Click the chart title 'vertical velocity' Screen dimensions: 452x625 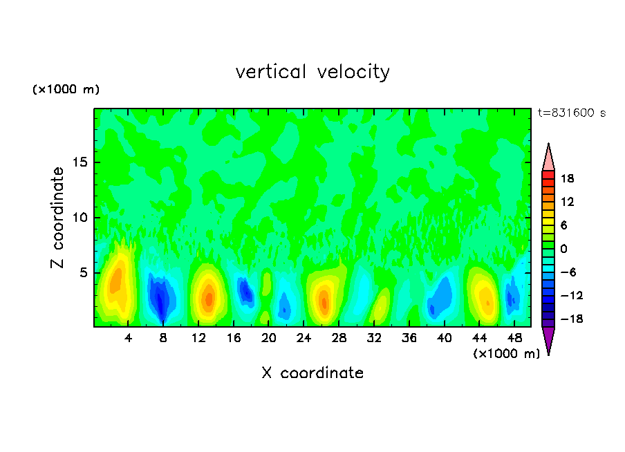coord(312,72)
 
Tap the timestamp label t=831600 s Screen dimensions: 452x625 coord(571,113)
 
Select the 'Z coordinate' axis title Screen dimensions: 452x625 coord(58,218)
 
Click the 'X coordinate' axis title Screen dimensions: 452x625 coord(312,373)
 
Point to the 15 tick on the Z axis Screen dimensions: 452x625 coord(82,162)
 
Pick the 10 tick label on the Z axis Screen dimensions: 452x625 coord(82,218)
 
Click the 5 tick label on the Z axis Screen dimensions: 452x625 coord(84,273)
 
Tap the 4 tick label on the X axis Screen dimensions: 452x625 coord(129,338)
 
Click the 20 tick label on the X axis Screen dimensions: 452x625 coord(269,338)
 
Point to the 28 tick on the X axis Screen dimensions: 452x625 coord(339,338)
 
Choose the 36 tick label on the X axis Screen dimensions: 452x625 coord(409,338)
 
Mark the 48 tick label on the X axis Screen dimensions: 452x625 coord(514,338)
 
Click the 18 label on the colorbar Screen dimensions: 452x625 coord(568,178)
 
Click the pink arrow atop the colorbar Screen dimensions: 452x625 coord(548,157)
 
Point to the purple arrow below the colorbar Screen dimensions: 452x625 coord(548,339)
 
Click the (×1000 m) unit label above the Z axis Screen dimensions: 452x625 coord(66,90)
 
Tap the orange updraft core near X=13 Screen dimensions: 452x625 coord(208,296)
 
